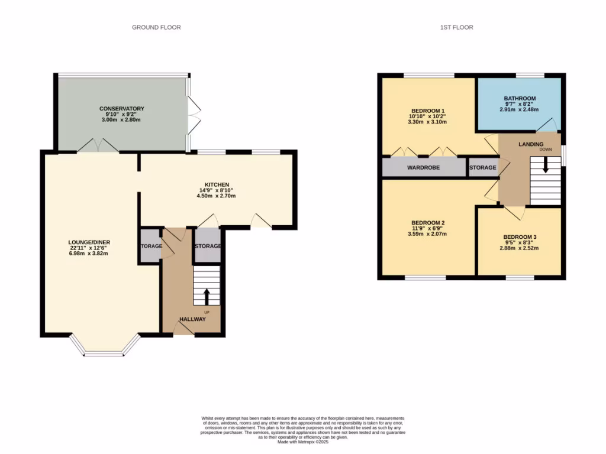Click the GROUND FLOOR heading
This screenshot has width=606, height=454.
tap(156, 27)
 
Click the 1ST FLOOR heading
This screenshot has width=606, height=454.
tap(457, 27)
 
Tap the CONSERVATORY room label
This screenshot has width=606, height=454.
tap(122, 109)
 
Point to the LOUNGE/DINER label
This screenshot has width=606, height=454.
tap(89, 242)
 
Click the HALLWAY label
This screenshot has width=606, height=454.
tap(193, 319)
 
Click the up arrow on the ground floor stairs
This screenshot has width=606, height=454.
tap(207, 296)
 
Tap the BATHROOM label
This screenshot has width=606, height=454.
tap(520, 98)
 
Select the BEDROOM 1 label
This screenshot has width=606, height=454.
tap(428, 111)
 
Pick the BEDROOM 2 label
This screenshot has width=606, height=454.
tap(428, 222)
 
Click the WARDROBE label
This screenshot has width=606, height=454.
tap(423, 168)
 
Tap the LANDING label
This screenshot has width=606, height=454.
tap(531, 144)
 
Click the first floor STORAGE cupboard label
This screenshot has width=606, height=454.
tap(483, 168)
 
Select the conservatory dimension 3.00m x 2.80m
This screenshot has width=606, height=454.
tap(122, 120)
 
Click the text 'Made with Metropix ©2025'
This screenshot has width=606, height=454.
tap(303, 442)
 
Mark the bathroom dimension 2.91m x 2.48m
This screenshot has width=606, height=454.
tap(520, 109)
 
